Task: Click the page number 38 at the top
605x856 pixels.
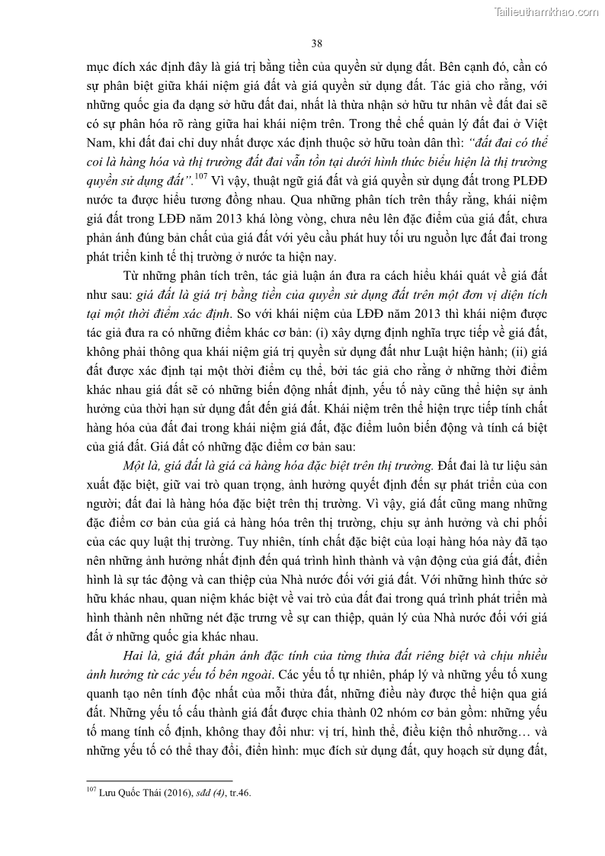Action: (x=317, y=43)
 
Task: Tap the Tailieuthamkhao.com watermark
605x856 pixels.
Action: (x=547, y=11)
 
